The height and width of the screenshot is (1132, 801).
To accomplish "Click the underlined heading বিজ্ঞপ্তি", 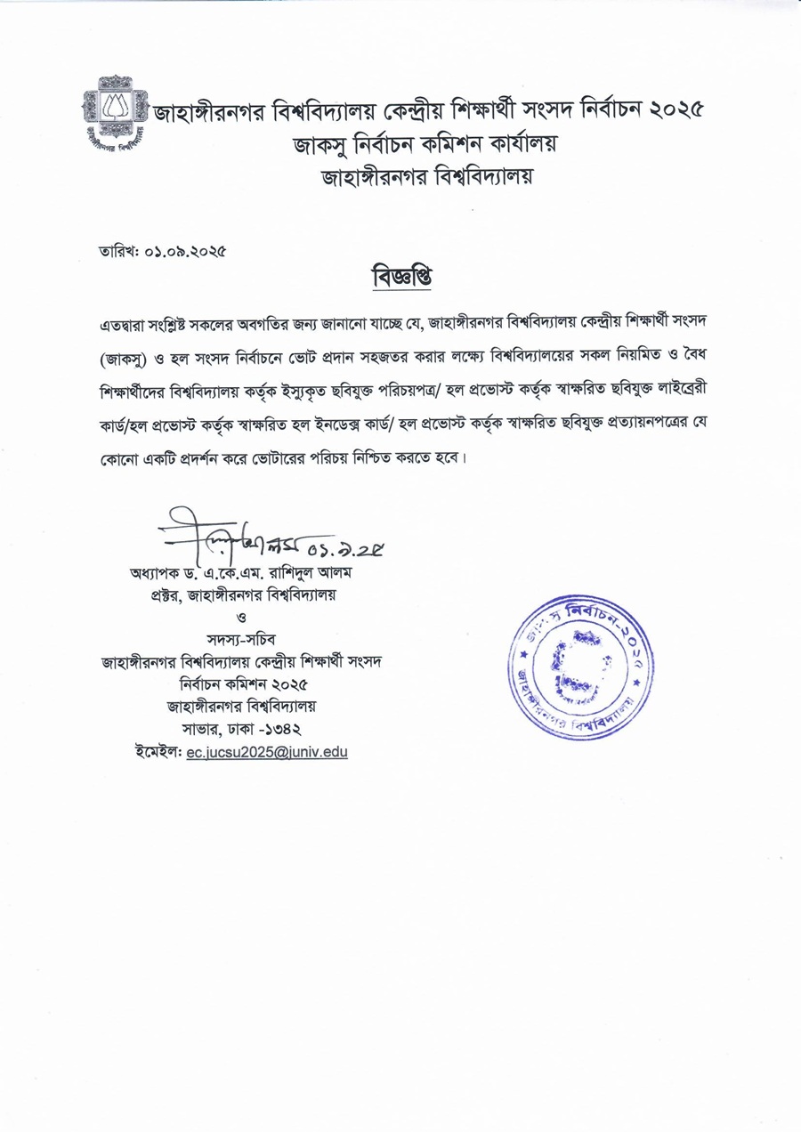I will click(x=400, y=275).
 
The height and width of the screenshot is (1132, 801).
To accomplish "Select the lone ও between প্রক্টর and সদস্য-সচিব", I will click(x=242, y=616).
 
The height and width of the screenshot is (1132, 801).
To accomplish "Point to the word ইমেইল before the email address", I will click(x=158, y=752).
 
